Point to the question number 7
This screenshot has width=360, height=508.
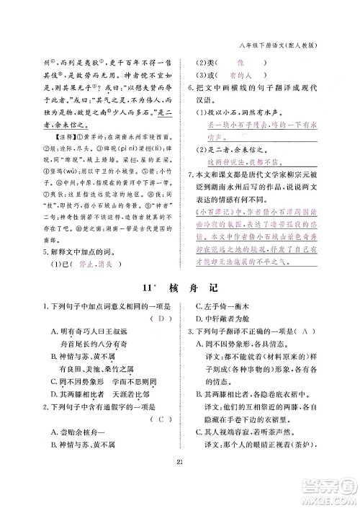tap(189, 174)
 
